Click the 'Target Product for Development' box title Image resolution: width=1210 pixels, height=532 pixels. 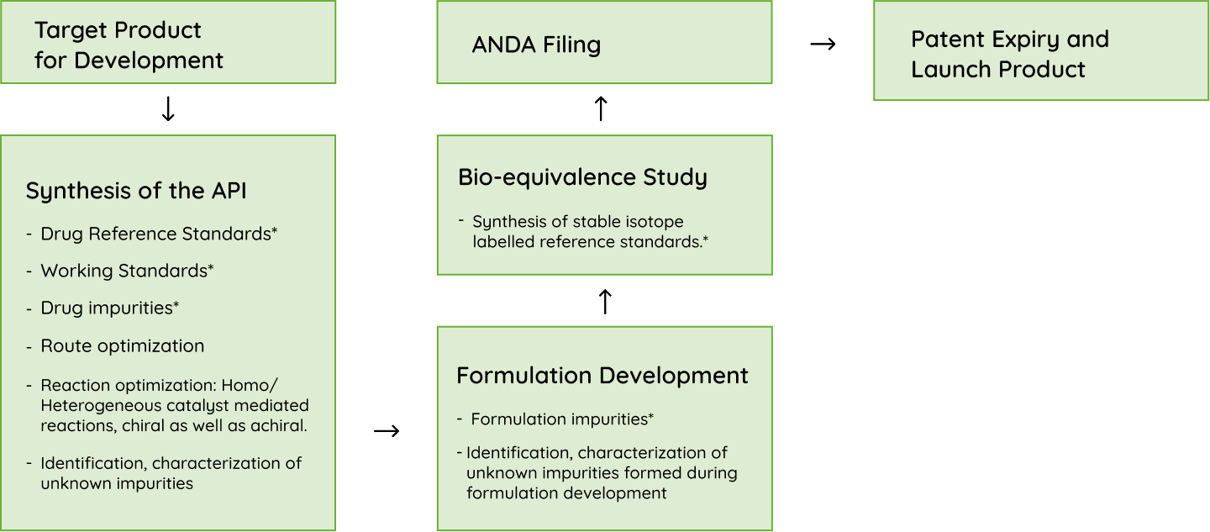[129, 45]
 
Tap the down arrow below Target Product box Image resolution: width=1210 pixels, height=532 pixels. [168, 109]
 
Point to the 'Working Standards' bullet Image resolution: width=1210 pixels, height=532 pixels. [127, 271]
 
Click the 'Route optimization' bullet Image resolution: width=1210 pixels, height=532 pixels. [123, 345]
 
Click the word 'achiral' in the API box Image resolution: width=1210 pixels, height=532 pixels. [281, 425]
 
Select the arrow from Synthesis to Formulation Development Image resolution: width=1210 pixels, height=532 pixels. [387, 431]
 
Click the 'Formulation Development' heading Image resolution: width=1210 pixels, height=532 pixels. [602, 375]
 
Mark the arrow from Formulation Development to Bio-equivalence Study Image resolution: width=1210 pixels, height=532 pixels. [605, 302]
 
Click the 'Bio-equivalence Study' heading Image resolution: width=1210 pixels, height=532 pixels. [582, 177]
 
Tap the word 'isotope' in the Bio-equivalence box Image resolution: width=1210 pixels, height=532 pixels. [655, 222]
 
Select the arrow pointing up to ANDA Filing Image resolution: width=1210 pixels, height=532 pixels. [601, 108]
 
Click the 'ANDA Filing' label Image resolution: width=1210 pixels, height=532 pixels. [536, 45]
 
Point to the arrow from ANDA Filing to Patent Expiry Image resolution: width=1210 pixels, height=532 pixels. [823, 44]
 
